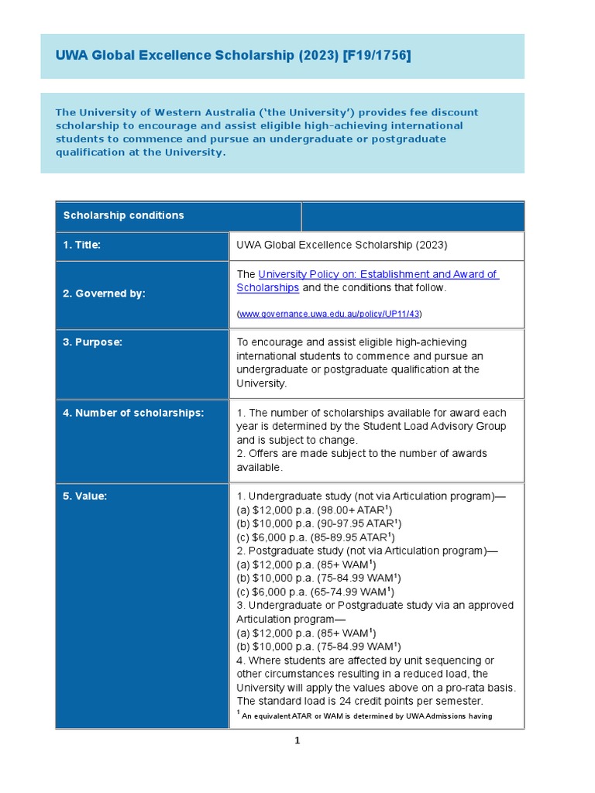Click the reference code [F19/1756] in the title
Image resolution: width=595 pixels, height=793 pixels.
coord(377,56)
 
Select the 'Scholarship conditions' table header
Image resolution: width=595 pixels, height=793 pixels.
coord(123,215)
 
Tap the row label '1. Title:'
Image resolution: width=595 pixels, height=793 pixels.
coord(82,245)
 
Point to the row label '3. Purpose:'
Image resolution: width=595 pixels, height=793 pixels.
coord(92,342)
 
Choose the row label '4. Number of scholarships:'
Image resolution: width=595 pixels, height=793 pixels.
coord(133,413)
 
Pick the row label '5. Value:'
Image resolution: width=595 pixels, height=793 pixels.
coord(84,496)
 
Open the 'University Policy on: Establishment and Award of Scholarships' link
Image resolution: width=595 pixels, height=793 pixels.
coord(367,275)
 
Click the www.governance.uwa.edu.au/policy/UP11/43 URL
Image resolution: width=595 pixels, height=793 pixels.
coord(329,314)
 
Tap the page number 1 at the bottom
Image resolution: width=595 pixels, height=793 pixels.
coord(297,741)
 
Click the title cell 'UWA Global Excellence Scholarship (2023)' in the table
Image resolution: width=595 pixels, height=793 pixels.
coord(342,245)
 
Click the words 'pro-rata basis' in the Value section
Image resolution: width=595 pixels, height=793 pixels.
coord(482,688)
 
